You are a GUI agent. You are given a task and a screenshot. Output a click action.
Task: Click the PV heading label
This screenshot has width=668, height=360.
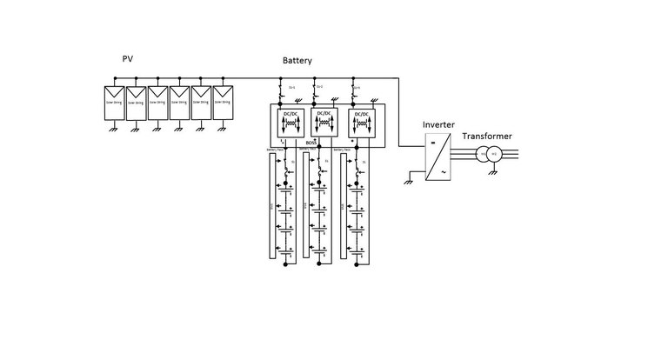128,58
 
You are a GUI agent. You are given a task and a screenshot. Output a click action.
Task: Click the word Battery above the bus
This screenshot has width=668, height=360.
298,62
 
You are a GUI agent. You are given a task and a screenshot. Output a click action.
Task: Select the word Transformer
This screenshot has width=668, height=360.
486,137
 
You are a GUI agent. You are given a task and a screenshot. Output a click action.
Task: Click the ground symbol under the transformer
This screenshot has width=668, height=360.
493,173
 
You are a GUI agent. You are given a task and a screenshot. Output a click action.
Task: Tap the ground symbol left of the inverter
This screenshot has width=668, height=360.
409,180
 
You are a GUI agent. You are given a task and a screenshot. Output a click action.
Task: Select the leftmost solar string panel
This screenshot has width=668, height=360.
115,101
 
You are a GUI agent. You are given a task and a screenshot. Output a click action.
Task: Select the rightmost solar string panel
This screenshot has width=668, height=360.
224,101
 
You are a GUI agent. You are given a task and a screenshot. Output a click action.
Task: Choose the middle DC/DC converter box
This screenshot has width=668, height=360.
323,123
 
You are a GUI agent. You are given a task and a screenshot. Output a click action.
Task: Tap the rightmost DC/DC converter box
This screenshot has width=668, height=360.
361,123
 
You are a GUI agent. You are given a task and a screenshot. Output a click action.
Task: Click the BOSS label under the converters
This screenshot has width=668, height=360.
311,143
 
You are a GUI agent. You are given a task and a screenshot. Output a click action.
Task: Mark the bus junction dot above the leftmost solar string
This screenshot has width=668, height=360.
115,79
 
